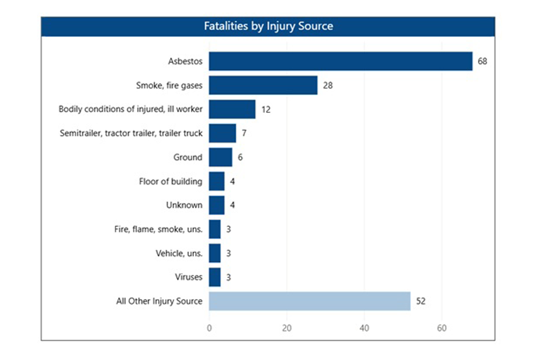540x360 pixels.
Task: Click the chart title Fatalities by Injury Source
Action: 268,26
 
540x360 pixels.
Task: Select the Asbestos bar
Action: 340,61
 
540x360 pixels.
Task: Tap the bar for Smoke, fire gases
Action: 263,85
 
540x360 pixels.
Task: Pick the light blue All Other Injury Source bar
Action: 309,301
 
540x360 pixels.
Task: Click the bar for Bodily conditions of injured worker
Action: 232,109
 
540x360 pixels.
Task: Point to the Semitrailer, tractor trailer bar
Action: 222,133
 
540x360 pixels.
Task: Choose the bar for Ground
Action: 220,157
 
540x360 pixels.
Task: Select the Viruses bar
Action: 214,277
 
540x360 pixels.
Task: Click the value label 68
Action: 482,62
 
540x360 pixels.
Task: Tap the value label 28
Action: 327,85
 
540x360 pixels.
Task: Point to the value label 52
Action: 420,301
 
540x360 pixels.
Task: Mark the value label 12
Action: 265,110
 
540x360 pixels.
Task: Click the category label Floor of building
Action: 171,181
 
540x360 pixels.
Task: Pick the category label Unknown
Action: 184,205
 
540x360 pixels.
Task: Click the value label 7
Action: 244,133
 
